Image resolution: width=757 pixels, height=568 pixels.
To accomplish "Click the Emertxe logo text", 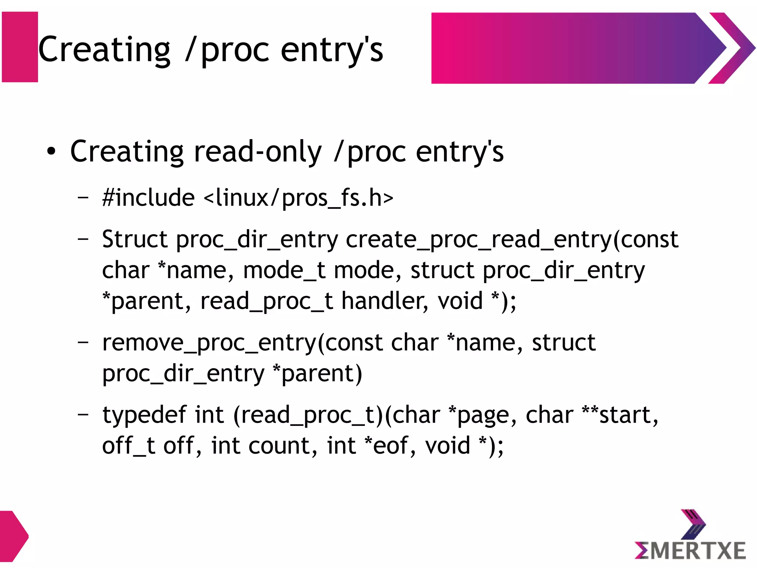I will [690, 550].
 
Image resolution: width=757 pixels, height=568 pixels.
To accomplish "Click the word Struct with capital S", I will [135, 239].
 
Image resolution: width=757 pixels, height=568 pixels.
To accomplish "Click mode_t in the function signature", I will [285, 270].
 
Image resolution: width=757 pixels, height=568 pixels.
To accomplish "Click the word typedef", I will [144, 414].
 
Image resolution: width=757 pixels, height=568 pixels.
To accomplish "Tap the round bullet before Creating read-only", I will [51, 151].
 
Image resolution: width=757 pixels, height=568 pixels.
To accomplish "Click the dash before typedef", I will [83, 414].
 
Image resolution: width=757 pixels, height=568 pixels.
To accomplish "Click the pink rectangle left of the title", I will [20, 47].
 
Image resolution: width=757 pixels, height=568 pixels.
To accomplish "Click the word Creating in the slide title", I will [104, 50].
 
